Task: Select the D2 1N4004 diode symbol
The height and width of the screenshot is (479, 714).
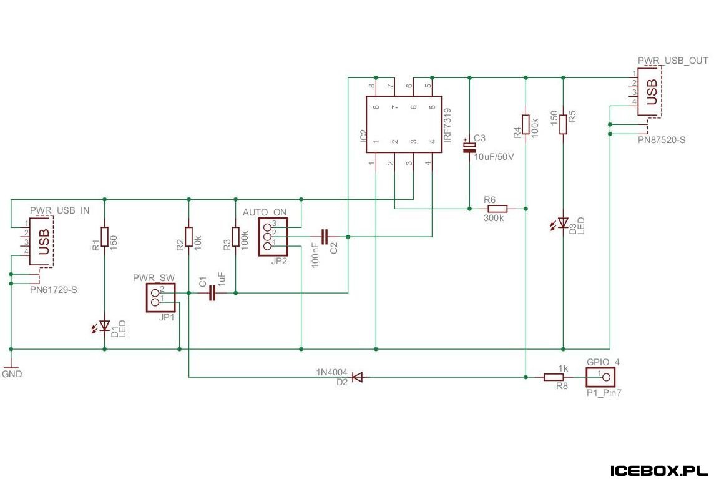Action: point(358,377)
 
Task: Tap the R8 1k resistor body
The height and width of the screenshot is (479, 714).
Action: point(554,377)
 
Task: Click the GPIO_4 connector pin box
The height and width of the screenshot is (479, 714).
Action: point(600,377)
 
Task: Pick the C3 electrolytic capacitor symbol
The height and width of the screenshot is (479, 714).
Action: point(469,146)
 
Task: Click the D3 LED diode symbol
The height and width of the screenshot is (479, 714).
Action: point(564,223)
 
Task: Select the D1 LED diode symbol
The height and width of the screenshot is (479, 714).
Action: point(105,326)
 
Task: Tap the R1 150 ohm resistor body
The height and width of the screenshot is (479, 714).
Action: point(105,237)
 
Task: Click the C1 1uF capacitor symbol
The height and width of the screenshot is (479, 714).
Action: point(212,293)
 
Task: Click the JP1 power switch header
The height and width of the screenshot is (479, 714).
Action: point(160,298)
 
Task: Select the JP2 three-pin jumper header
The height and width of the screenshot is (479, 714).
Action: point(273,237)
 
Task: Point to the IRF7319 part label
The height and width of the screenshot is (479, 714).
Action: point(447,124)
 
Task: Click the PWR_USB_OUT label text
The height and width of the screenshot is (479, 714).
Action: point(673,61)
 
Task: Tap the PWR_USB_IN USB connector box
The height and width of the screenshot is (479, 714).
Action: point(41,241)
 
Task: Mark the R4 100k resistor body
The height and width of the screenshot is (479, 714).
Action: point(526,124)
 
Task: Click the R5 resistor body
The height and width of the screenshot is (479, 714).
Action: point(564,124)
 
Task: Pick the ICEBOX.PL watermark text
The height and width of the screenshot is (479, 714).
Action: point(658,470)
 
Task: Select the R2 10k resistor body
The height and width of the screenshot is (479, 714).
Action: point(189,237)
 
